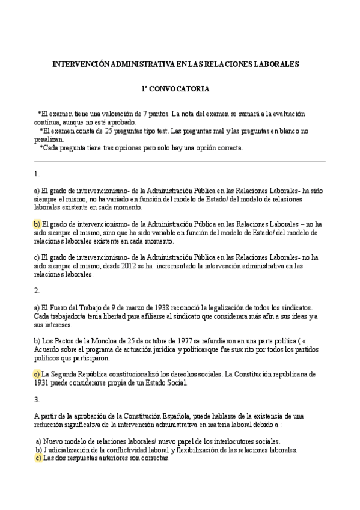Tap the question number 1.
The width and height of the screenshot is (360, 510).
(x=37, y=174)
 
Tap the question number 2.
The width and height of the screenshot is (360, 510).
(x=37, y=291)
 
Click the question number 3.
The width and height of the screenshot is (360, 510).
(x=37, y=399)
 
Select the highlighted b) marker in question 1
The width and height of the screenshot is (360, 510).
(x=37, y=224)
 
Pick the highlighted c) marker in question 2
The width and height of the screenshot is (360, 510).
(x=37, y=374)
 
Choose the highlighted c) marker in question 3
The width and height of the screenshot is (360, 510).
(x=38, y=458)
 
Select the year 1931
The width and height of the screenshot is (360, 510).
(x=42, y=382)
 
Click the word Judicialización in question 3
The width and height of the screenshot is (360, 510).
(x=67, y=450)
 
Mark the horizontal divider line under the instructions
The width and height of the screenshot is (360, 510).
(x=180, y=161)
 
